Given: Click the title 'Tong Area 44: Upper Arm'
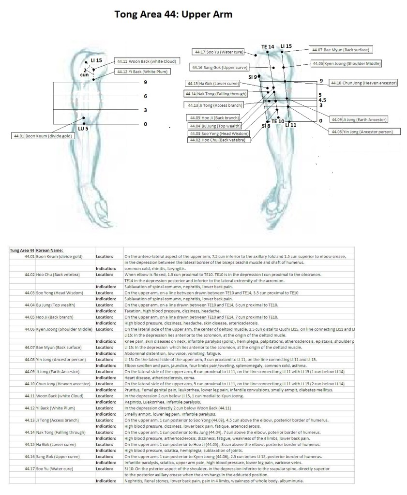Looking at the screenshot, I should tap(173, 14).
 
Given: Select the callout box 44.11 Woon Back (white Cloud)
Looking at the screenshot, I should tap(146, 61).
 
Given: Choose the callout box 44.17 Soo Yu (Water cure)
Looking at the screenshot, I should tap(219, 52).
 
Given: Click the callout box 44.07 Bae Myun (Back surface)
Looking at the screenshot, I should tap(341, 50).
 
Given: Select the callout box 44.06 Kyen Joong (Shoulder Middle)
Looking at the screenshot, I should tap(346, 64).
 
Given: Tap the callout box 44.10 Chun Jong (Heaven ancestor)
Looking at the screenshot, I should tap(363, 83).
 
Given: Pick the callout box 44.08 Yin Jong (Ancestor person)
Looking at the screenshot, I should tap(362, 131).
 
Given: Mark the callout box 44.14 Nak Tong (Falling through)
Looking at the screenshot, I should tap(216, 94).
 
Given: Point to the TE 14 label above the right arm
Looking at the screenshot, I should tap(268, 47).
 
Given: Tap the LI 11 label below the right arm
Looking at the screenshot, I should tap(291, 125).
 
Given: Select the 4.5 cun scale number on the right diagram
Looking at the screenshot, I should tap(322, 100).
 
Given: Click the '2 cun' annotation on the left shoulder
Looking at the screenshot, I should tap(84, 73).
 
